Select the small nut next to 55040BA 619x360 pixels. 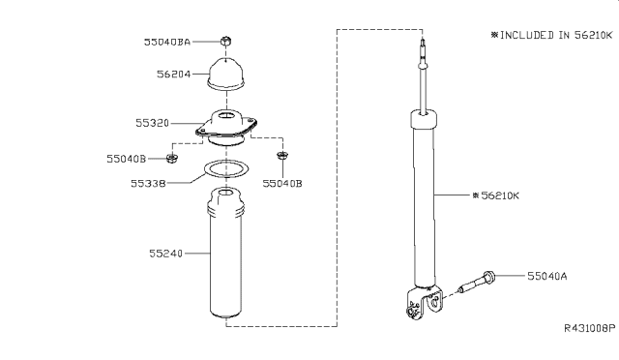[224, 42]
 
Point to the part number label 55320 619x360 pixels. [155, 123]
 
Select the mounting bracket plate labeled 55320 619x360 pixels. [229, 130]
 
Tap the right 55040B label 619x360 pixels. [282, 181]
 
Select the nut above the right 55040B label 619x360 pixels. [282, 156]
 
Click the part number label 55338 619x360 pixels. [156, 181]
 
